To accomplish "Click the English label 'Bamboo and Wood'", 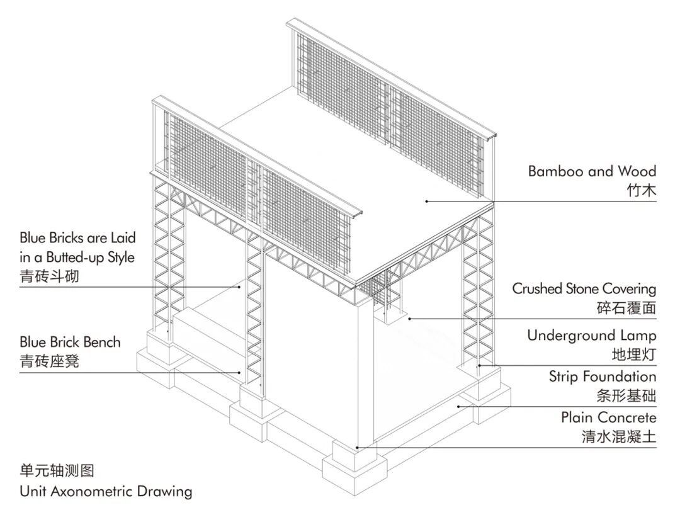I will pos(592,171).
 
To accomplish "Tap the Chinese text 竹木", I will pos(642,190).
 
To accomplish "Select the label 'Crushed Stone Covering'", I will pos(584,289).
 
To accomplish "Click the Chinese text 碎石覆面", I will pos(626,308).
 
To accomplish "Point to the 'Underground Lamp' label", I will pos(592,336).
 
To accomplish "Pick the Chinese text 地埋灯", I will pos(634,354).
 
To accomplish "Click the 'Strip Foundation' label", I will pos(603,377).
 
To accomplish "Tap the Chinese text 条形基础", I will pos(626,396).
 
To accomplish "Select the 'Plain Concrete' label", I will pos(609,417).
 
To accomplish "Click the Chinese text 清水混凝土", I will pos(619,436).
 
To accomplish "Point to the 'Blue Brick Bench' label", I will pos(70,343).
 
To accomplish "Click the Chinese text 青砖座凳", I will pos(50,361).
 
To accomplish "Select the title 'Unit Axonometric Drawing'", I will pos(106,490).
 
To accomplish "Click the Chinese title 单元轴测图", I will pos(57,470).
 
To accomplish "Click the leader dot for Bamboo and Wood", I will pos(426,201).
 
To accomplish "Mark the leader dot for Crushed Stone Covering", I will pos(410,319).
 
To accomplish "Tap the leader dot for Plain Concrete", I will pos(358,448).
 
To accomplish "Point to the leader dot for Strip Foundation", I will pos(458,406).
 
